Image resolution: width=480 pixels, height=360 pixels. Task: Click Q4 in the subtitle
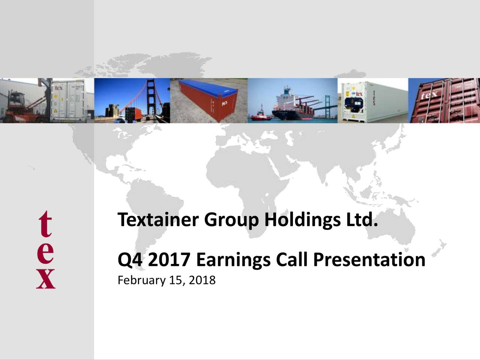(130, 260)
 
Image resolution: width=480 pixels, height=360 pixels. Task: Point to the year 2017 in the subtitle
(169, 260)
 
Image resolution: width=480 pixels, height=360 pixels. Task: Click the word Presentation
(369, 260)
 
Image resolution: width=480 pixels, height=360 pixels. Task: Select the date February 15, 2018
(166, 280)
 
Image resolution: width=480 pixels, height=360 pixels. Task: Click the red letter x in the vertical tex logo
(46, 278)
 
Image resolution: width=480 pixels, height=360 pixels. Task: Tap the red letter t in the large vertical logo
(45, 224)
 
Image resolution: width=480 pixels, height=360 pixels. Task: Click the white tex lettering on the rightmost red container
(429, 95)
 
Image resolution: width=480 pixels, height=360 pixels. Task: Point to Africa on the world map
(240, 184)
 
